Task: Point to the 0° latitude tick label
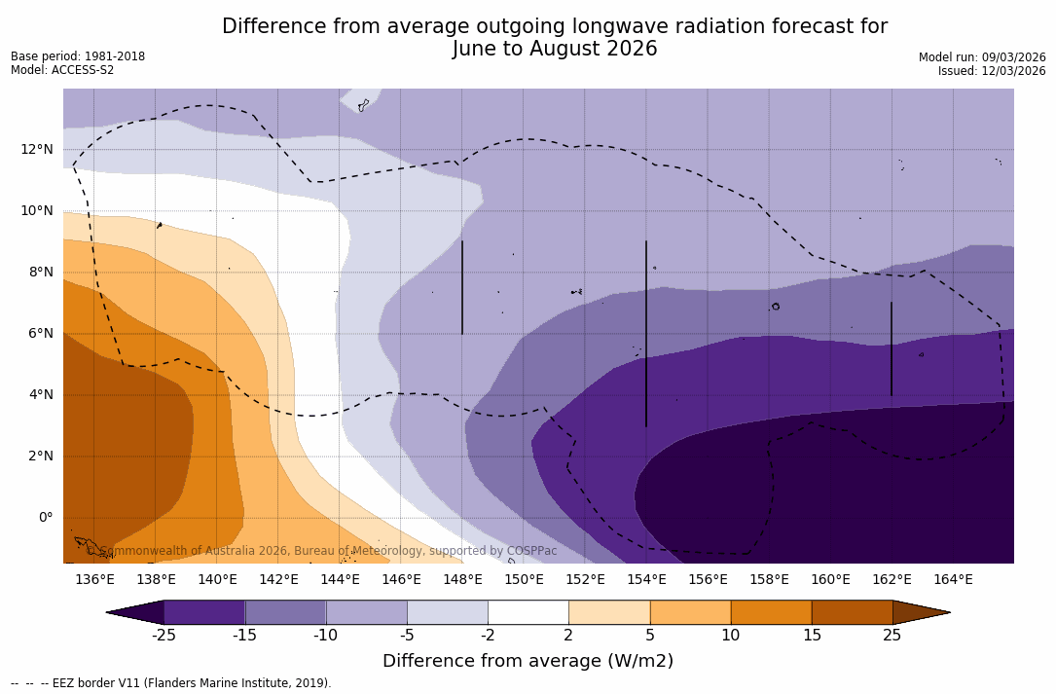pyautogui.click(x=46, y=517)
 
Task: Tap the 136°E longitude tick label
pyautogui.click(x=94, y=580)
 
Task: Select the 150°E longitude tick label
pyautogui.click(x=524, y=580)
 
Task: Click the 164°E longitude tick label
pyautogui.click(x=953, y=580)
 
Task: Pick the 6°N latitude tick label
pyautogui.click(x=39, y=333)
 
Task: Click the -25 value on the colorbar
pyautogui.click(x=164, y=636)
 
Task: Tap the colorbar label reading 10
pyautogui.click(x=730, y=636)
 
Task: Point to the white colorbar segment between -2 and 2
pyautogui.click(x=528, y=612)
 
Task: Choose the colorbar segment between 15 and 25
pyautogui.click(x=852, y=612)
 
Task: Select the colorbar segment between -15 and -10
pyautogui.click(x=285, y=612)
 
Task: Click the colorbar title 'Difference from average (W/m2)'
pyautogui.click(x=528, y=661)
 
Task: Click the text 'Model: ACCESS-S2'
pyautogui.click(x=62, y=70)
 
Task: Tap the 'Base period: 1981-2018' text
pyautogui.click(x=78, y=56)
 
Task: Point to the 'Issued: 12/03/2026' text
pyautogui.click(x=992, y=71)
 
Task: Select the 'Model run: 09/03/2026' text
pyautogui.click(x=982, y=57)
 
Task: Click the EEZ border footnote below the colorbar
pyautogui.click(x=171, y=683)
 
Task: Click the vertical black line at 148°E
pyautogui.click(x=462, y=287)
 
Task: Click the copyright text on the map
pyautogui.click(x=328, y=551)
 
